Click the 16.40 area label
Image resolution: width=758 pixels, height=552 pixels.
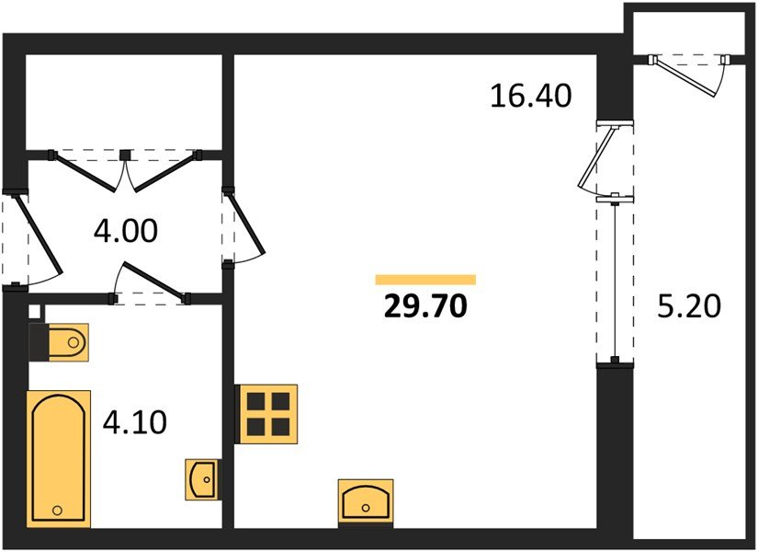531,96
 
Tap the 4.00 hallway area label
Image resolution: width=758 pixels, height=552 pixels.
126,231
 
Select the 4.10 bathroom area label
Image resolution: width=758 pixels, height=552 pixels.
135,421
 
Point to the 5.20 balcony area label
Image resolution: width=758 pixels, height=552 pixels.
689,306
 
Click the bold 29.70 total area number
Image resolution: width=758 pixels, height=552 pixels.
425,306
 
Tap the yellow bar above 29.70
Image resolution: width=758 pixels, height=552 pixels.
425,280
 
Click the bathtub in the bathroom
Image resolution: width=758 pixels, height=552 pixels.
59,458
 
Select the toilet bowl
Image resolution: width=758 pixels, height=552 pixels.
69,342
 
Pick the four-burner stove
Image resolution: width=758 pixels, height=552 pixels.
266,414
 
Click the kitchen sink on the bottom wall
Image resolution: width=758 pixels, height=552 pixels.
366,503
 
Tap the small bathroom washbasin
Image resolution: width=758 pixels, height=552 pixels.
201,479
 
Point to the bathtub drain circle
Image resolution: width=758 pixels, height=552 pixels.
58,510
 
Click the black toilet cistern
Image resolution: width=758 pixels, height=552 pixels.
39,342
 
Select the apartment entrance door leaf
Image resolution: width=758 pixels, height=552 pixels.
37,234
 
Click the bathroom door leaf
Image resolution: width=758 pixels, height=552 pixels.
154,280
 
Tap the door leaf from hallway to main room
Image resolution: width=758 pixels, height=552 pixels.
246,222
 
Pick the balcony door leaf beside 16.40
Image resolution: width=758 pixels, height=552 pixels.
595,157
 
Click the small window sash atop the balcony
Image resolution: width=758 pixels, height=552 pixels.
684,77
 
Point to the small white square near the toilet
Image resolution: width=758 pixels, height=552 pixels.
34,311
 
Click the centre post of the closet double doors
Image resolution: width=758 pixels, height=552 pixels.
125,155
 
